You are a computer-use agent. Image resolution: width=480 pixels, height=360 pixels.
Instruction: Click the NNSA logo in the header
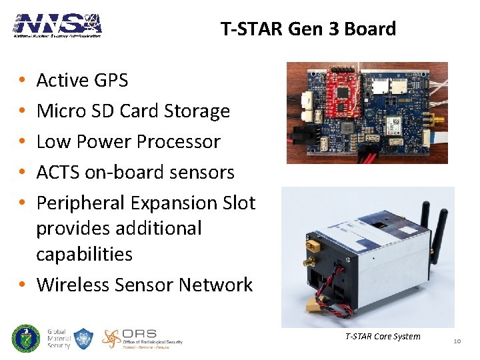coord(57,25)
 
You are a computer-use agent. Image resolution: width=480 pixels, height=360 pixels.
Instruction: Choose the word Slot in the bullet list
coord(237,203)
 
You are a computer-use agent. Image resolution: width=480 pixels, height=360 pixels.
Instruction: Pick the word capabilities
coord(85,255)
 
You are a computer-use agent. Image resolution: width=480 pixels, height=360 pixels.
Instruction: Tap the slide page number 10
coord(457,341)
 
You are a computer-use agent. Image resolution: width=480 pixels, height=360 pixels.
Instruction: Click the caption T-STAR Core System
coord(383,336)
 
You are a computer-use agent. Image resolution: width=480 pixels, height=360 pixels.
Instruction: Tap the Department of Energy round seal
coord(26,339)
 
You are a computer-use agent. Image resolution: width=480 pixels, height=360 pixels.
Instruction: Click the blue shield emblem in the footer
coord(82,339)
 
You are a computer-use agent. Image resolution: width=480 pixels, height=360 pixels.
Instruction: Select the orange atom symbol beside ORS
coord(111,339)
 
